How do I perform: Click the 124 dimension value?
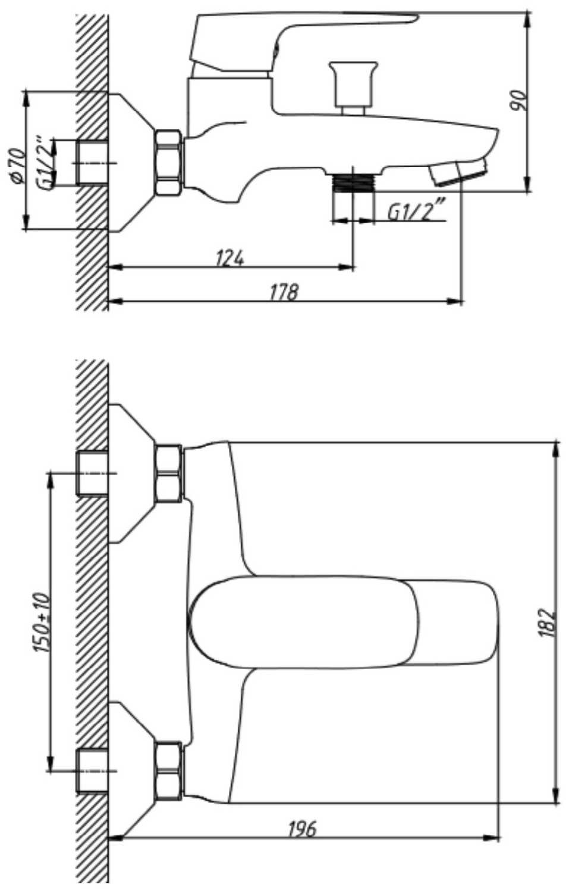coord(230,258)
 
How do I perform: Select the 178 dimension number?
coord(284,292)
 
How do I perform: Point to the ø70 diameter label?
coord(17,166)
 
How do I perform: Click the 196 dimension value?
coord(302,829)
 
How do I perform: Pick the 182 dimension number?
coord(548,623)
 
